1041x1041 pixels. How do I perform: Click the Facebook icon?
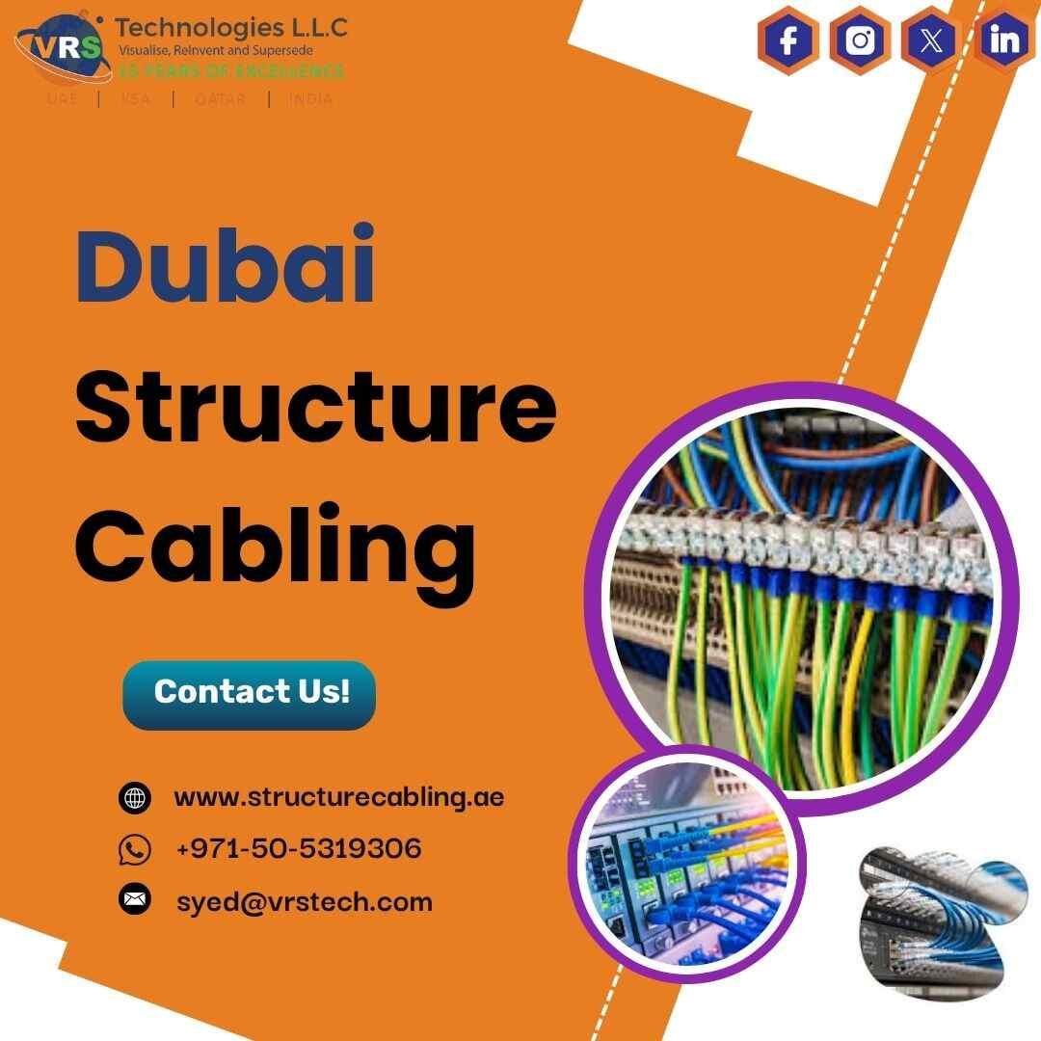[788, 41]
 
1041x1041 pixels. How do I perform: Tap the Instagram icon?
[860, 41]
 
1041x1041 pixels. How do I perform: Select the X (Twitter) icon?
[932, 41]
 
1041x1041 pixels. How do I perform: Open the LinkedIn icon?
[1004, 41]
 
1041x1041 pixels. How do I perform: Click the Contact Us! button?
[250, 692]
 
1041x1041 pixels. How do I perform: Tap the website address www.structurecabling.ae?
[338, 798]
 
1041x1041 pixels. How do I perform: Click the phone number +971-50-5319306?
[299, 849]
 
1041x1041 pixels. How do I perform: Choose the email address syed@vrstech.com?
[305, 901]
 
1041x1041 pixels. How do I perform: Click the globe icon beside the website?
[135, 798]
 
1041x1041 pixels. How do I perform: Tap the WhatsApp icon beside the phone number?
[135, 850]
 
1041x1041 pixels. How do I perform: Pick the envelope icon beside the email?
[135, 901]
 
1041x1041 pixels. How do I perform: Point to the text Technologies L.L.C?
[231, 26]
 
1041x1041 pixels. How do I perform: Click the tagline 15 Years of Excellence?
[231, 71]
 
